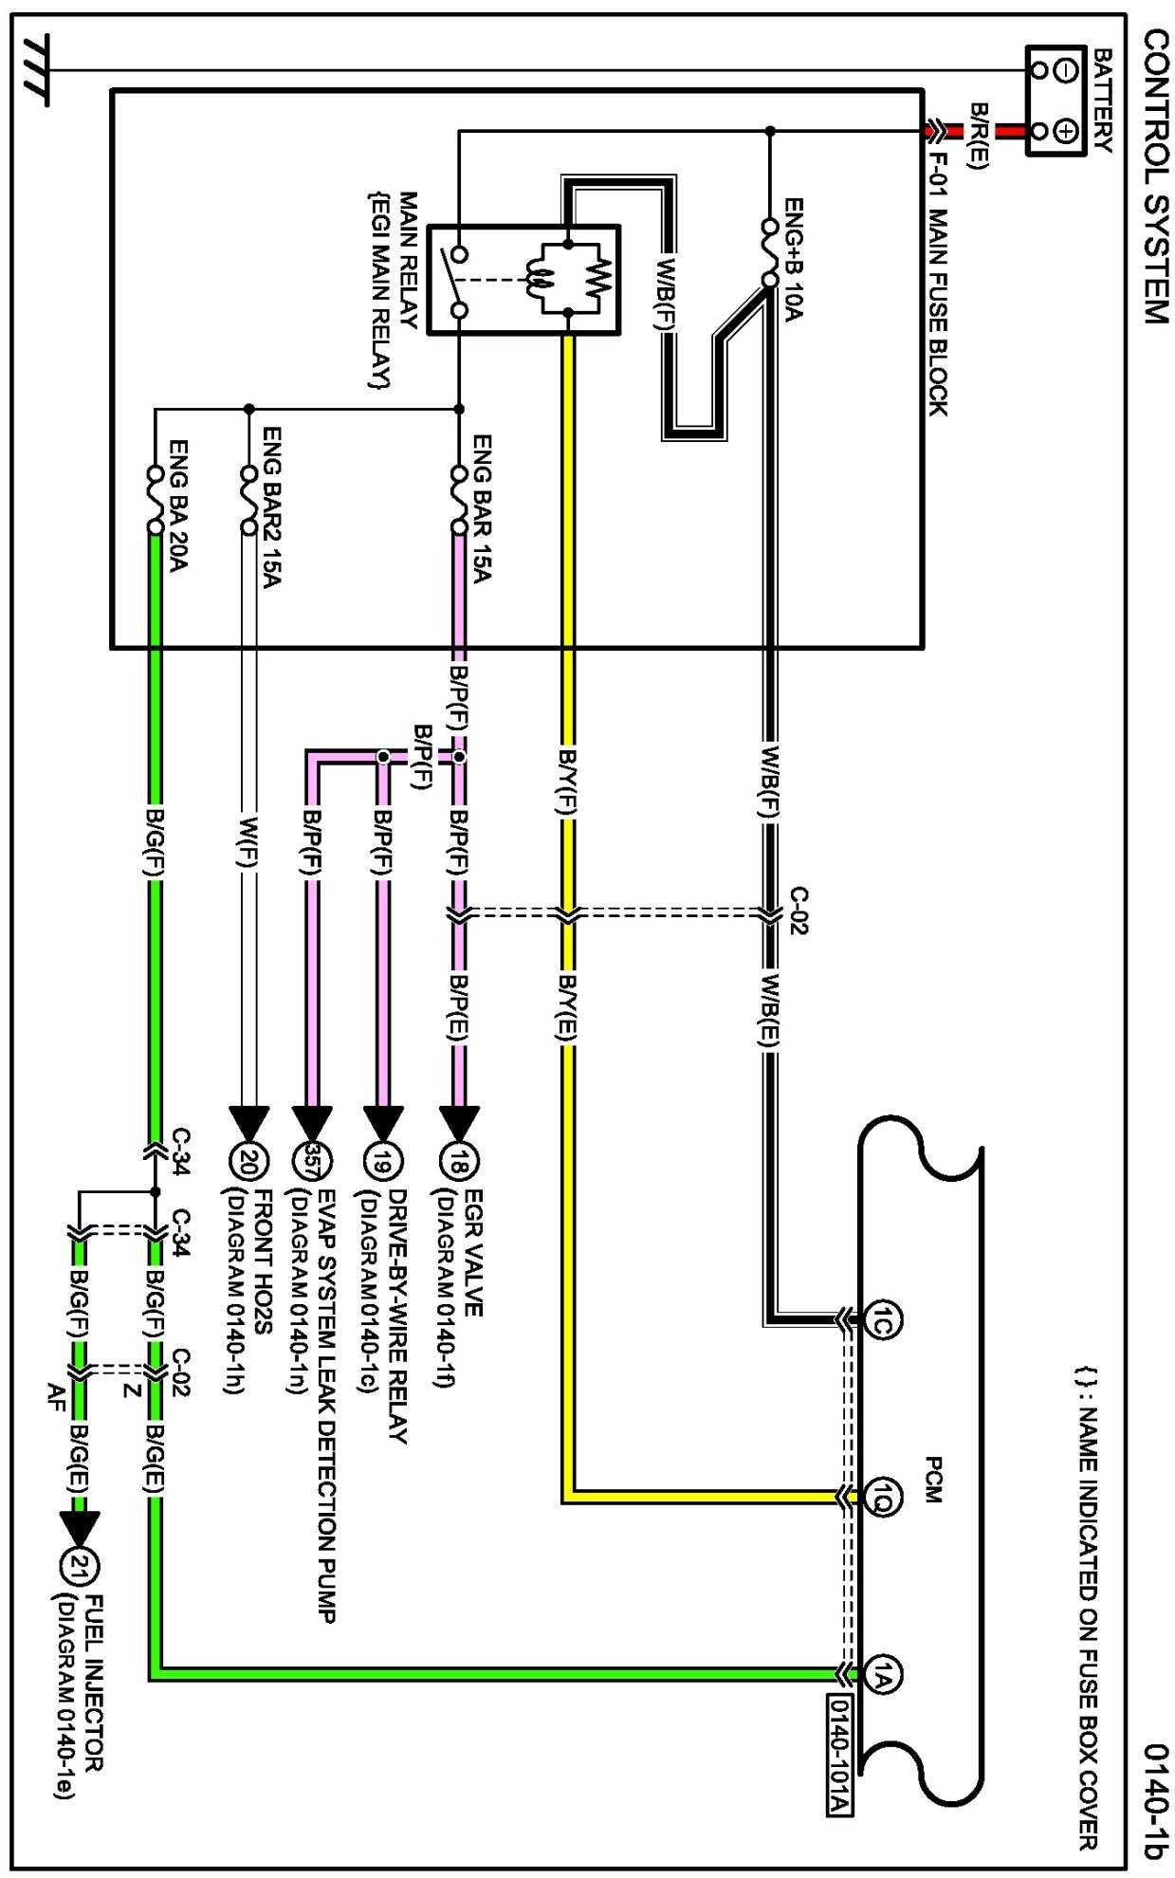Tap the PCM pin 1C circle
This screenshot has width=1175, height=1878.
point(882,1319)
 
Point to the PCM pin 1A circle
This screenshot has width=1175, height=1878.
point(882,1675)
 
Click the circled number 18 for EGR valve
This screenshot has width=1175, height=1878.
point(460,1160)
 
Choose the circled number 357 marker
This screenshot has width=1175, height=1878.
point(312,1160)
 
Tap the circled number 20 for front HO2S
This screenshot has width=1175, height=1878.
point(249,1160)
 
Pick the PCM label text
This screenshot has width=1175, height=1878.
point(933,1480)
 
